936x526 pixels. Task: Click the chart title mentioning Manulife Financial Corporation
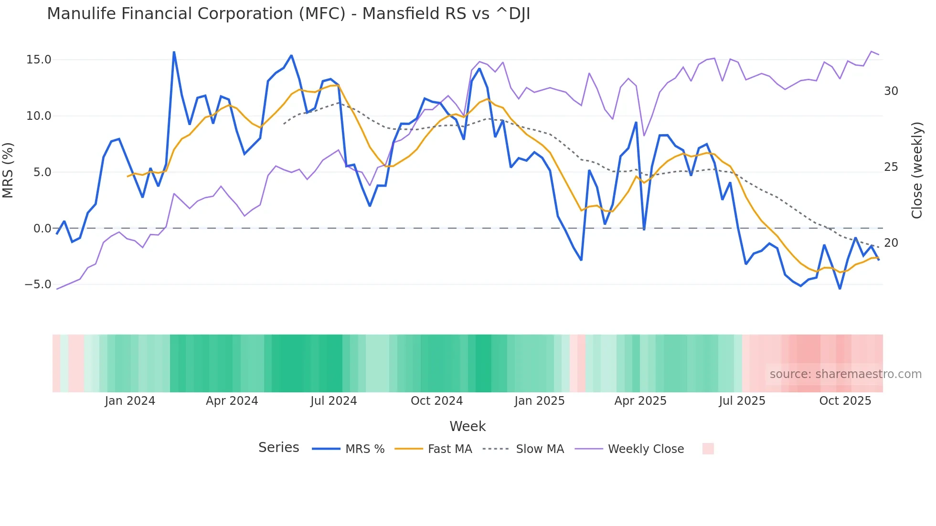click(x=288, y=14)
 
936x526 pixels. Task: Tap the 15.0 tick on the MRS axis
click(x=39, y=60)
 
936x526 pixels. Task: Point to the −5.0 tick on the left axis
click(x=38, y=284)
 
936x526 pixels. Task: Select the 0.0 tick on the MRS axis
click(x=42, y=229)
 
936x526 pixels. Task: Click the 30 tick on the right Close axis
click(x=891, y=91)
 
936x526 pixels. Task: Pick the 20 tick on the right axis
click(x=891, y=243)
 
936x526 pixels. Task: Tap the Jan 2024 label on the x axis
click(x=130, y=401)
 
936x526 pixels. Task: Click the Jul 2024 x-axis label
click(x=333, y=401)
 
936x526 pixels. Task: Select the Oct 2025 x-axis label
click(x=845, y=401)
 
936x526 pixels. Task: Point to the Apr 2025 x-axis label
click(x=640, y=401)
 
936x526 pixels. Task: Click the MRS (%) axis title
click(x=8, y=170)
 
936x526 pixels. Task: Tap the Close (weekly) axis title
click(x=916, y=170)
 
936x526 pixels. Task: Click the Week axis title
click(x=467, y=426)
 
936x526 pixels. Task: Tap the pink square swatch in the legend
click(x=708, y=449)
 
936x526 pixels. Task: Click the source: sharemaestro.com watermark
click(x=845, y=374)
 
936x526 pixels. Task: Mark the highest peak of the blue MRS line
click(x=174, y=52)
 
